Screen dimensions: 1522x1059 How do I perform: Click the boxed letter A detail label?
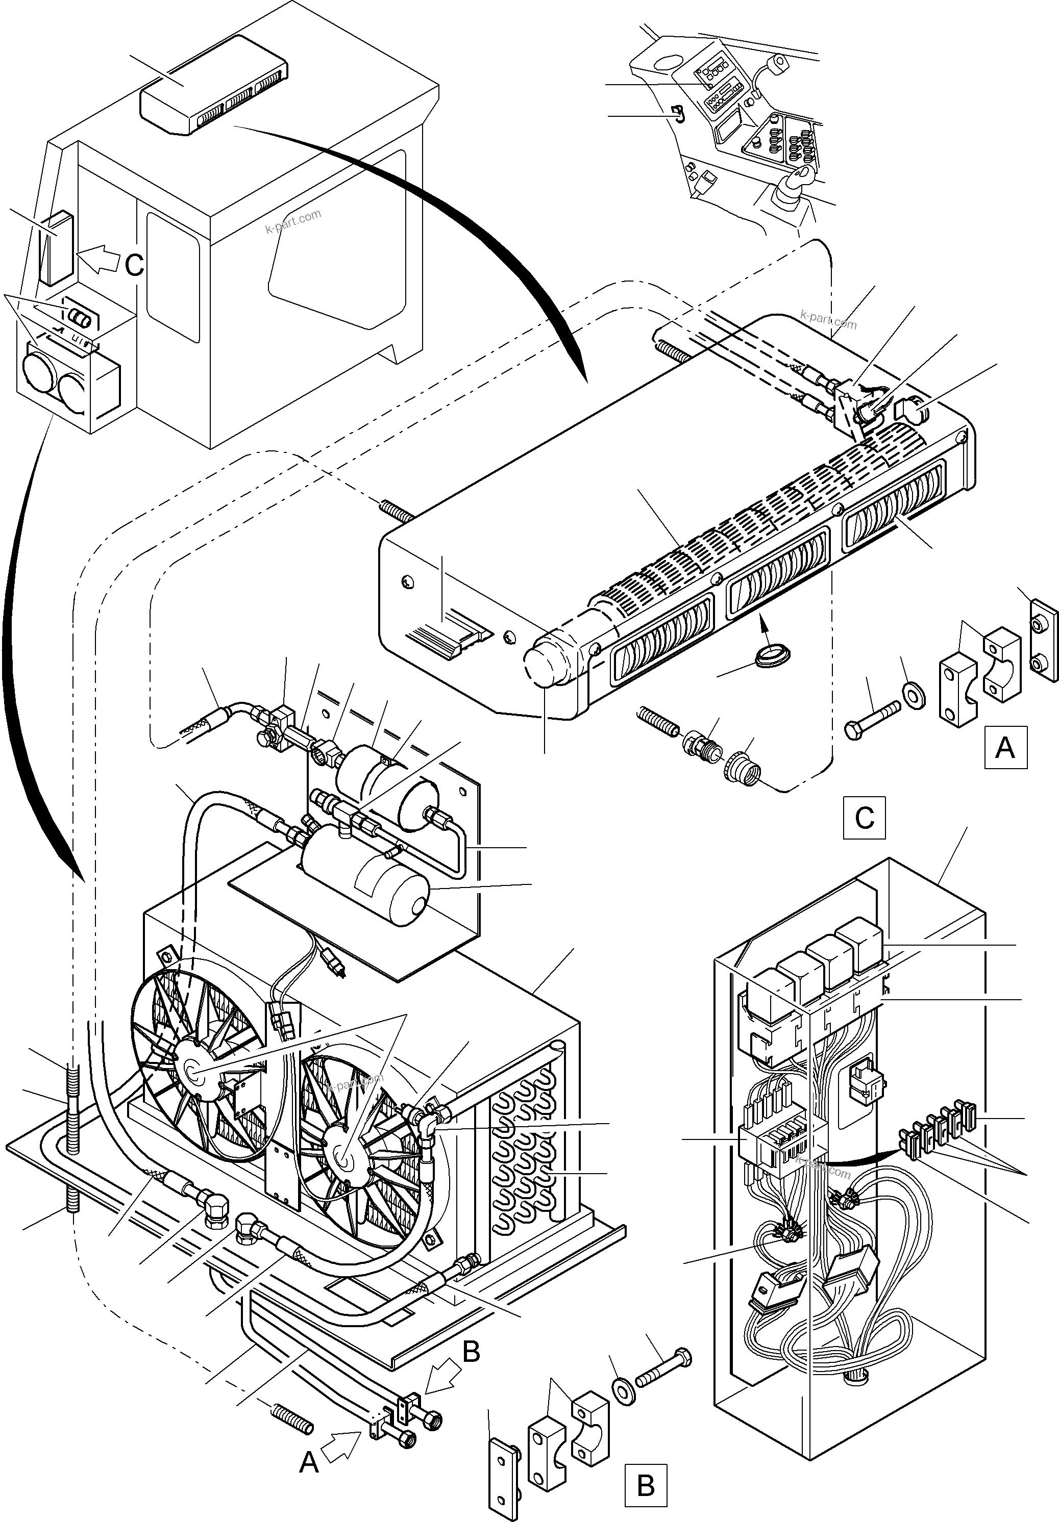(x=1005, y=747)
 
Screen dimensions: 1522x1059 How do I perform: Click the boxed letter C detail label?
(x=865, y=818)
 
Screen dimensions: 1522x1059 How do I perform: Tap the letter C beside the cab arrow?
(x=135, y=266)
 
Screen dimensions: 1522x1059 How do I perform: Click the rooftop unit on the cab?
(x=212, y=86)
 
